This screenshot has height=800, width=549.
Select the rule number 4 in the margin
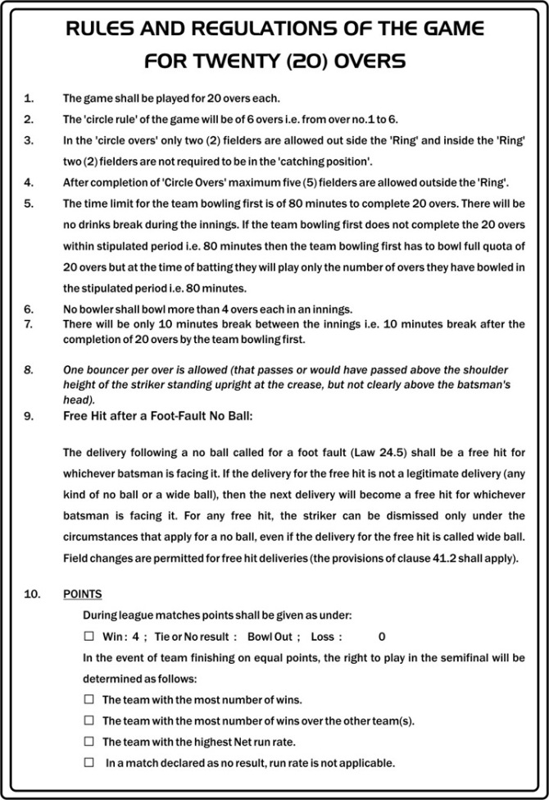click(29, 182)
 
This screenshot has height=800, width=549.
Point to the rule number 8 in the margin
click(29, 370)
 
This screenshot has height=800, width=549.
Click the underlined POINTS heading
click(83, 594)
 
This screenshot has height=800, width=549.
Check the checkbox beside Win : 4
click(89, 636)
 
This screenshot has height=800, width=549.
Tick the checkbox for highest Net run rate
click(89, 741)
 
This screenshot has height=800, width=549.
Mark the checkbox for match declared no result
click(89, 762)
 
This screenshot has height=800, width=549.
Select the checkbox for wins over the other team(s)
click(89, 720)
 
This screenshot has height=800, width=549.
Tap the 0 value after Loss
click(382, 637)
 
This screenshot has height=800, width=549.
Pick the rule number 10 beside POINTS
click(32, 594)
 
